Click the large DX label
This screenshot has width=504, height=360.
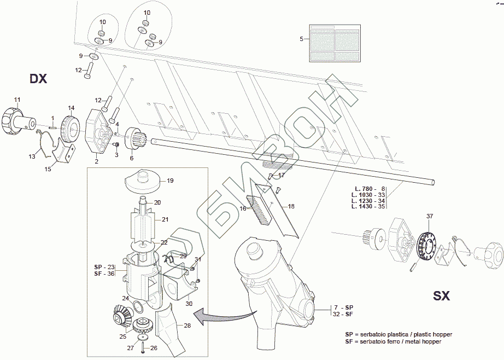click(38, 79)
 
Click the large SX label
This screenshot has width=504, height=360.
click(441, 296)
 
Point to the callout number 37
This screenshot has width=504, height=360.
click(430, 216)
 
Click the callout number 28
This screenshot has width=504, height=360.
click(187, 326)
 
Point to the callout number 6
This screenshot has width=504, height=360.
click(131, 158)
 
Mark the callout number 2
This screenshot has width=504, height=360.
click(96, 161)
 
